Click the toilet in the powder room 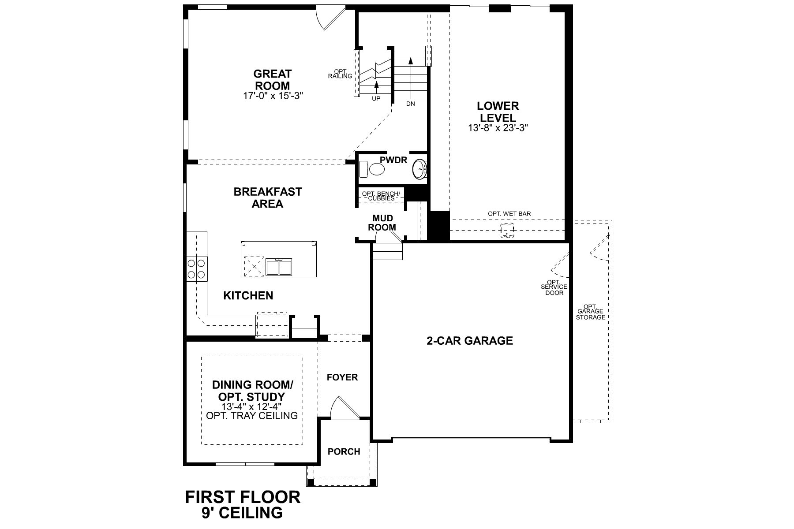[374, 169]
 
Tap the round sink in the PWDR [419, 169]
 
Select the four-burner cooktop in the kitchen [196, 268]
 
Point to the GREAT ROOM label [272, 80]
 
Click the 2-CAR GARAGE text [470, 341]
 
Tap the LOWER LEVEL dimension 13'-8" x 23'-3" [498, 128]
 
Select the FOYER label [342, 377]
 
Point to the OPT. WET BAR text [509, 214]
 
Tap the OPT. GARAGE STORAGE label [591, 312]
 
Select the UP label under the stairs [376, 99]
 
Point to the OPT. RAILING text [340, 74]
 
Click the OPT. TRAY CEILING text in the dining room [252, 416]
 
